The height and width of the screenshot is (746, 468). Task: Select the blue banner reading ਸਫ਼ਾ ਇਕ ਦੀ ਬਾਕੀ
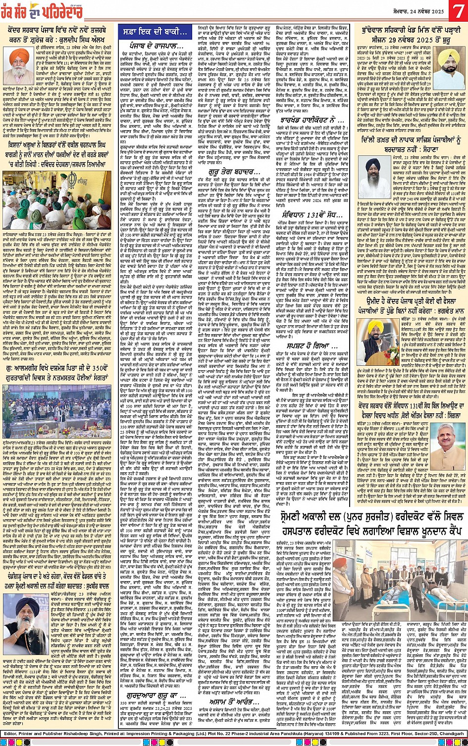pos(151,34)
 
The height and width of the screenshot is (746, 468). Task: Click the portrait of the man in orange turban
pos(19,65)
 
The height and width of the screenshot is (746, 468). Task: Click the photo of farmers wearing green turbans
pos(57,199)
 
